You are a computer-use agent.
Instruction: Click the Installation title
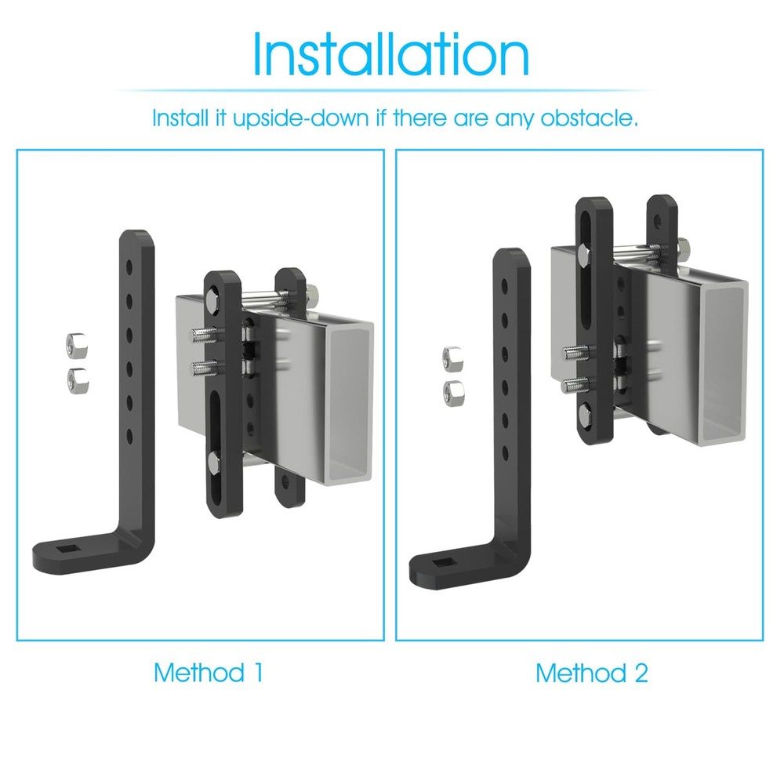(x=390, y=54)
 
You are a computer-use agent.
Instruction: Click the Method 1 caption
(x=208, y=673)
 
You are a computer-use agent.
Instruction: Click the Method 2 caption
(x=592, y=673)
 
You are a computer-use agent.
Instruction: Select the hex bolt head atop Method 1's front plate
(x=214, y=301)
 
